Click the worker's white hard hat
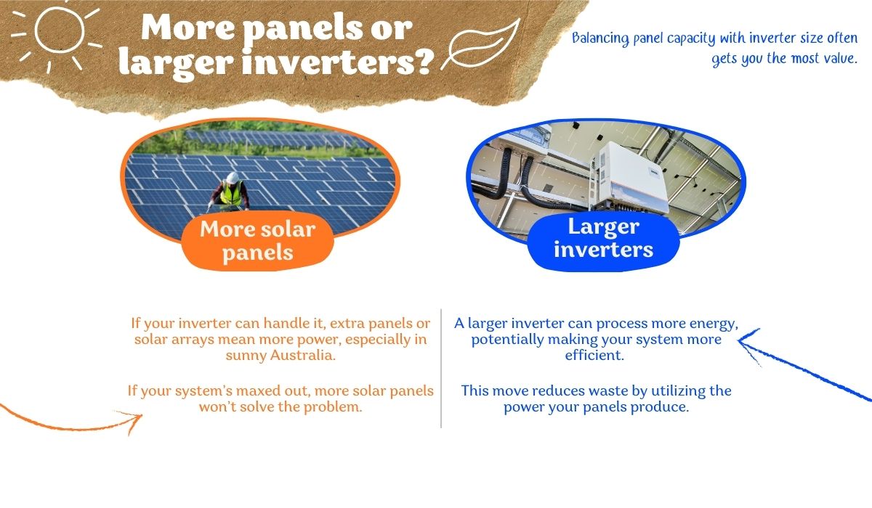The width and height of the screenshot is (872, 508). click(230, 178)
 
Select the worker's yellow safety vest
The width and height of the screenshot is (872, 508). click(230, 194)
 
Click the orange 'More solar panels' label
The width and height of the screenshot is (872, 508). click(257, 241)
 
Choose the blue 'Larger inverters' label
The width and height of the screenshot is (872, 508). click(603, 238)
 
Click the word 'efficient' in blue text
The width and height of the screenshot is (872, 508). click(595, 356)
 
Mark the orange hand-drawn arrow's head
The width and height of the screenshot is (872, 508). click(134, 419)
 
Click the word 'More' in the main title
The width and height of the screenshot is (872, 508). click(179, 28)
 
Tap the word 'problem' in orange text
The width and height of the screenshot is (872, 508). click(335, 407)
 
